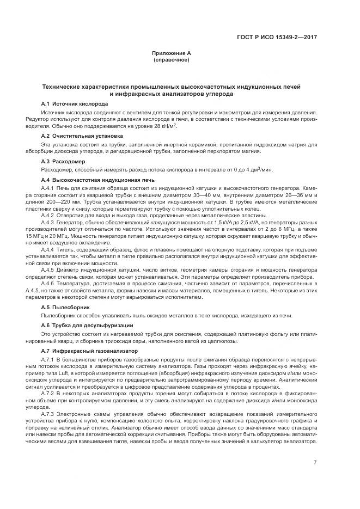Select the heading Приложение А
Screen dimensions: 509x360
coord(172,53)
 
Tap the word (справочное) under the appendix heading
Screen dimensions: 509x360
coord(172,59)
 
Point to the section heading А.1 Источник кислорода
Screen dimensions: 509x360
coord(75,103)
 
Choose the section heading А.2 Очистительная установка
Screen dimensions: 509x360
coord(82,135)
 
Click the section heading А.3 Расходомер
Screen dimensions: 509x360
coord(63,162)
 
